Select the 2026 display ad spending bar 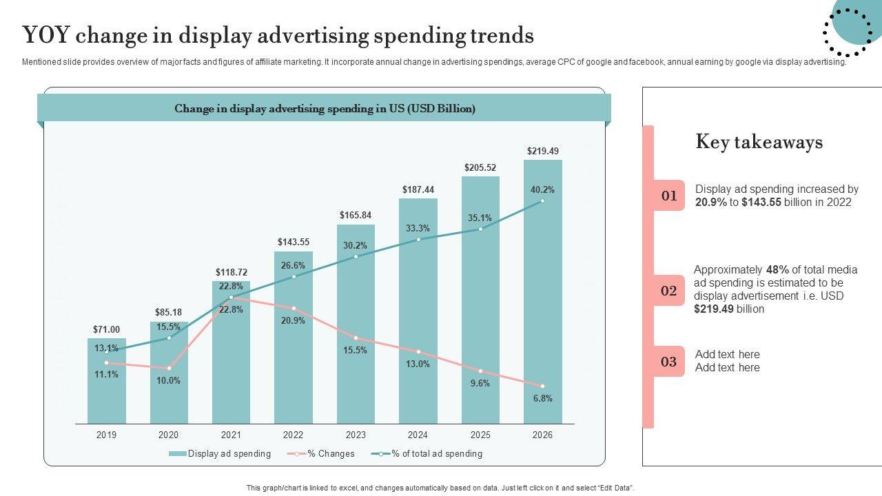(542, 310)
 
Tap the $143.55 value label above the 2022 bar (294, 242)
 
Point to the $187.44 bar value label (418, 189)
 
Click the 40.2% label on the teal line (542, 189)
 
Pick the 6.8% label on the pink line (542, 398)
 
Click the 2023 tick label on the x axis (356, 435)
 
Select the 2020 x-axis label (168, 435)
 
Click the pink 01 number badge (668, 196)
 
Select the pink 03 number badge (668, 362)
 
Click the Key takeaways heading (759, 142)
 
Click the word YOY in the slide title (47, 34)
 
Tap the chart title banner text (325, 109)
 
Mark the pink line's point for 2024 (418, 352)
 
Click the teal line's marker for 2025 (480, 229)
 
